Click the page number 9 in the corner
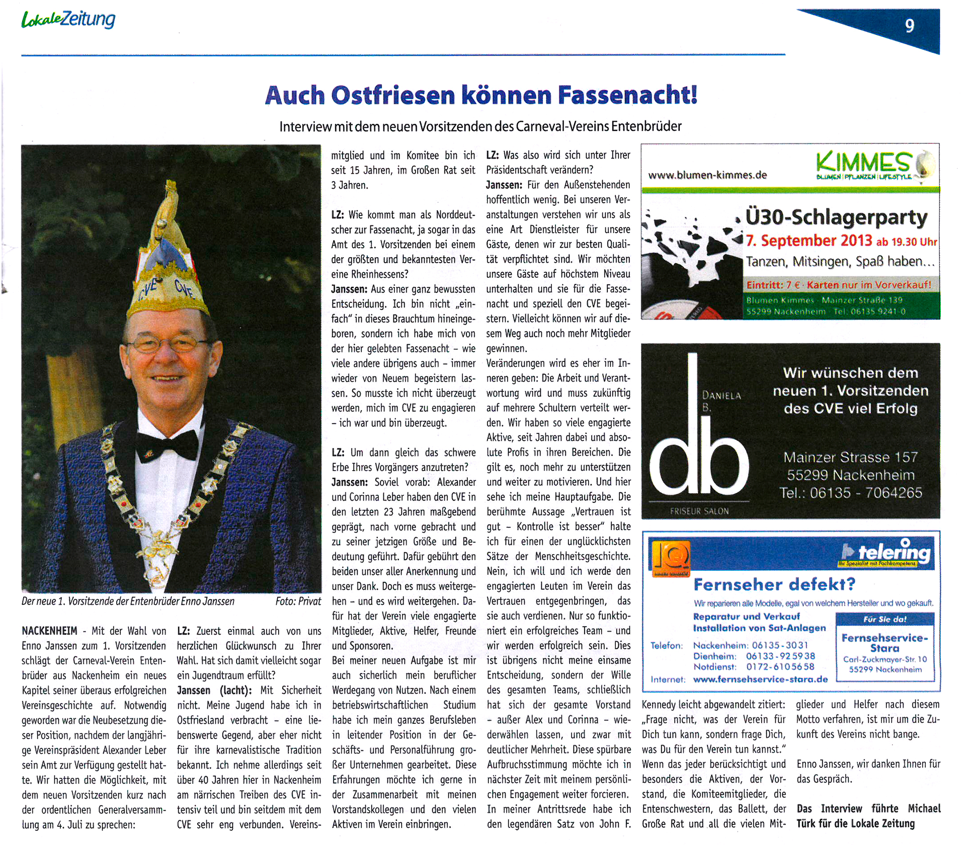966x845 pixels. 909,26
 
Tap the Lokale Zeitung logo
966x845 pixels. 68,20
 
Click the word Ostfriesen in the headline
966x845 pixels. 392,95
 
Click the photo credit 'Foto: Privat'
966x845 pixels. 298,601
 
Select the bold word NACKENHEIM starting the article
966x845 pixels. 49,631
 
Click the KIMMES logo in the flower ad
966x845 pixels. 863,164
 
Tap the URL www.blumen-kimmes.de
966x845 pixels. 707,175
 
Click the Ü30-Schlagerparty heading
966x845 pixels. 836,217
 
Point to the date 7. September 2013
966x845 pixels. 809,241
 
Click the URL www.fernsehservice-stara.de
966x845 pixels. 760,679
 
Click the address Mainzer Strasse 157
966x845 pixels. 850,457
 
